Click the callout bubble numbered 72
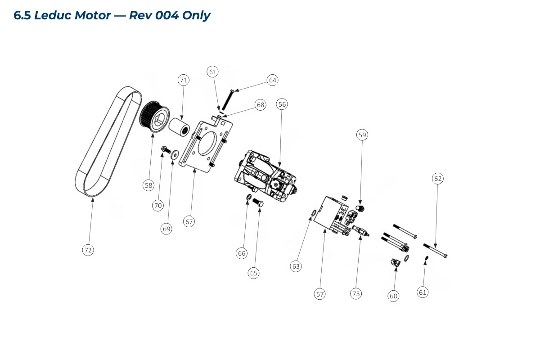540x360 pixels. tap(88, 250)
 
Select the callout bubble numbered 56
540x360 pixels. tap(282, 104)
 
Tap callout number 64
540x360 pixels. tap(272, 80)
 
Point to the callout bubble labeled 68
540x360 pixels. tap(261, 105)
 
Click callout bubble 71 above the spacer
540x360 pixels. tap(183, 80)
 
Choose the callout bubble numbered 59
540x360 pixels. tap(362, 135)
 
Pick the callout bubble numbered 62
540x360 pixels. tap(438, 179)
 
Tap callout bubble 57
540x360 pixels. tap(320, 294)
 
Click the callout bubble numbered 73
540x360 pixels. tap(356, 294)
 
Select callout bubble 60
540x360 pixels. tap(394, 296)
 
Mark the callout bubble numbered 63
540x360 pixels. tap(296, 266)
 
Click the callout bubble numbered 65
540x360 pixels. tap(254, 273)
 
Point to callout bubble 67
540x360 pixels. tap(189, 221)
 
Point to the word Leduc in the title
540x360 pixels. tap(53, 15)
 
